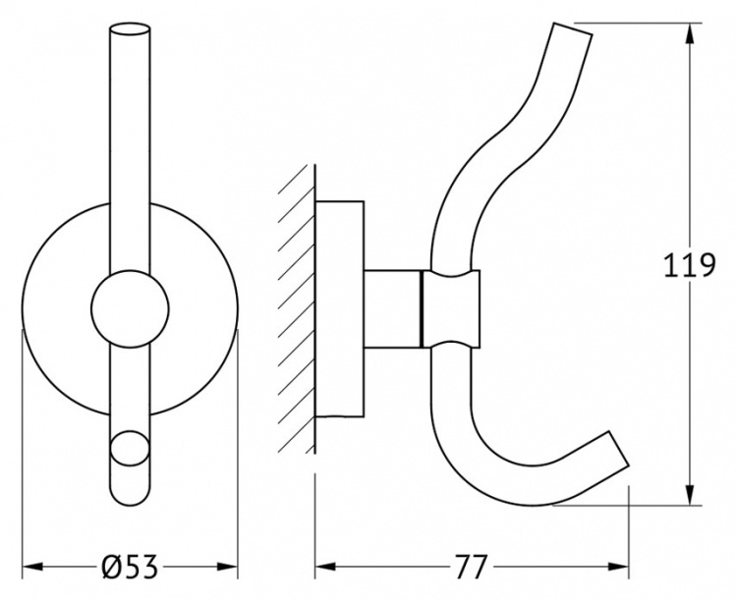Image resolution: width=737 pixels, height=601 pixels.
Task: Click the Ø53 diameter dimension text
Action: pos(130,567)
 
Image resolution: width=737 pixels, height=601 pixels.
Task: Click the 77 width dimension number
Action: pos(471,567)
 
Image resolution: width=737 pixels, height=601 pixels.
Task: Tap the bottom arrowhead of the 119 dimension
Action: pos(690,494)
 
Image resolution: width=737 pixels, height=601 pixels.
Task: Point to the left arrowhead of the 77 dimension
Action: pos(325,567)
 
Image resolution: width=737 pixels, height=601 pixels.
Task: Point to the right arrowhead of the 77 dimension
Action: pos(618,567)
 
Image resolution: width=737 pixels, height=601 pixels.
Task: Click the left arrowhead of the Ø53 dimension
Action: pos(33,567)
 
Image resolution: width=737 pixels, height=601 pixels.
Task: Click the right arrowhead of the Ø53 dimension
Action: pos(227,567)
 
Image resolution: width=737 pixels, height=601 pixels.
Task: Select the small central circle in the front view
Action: pos(130,309)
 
